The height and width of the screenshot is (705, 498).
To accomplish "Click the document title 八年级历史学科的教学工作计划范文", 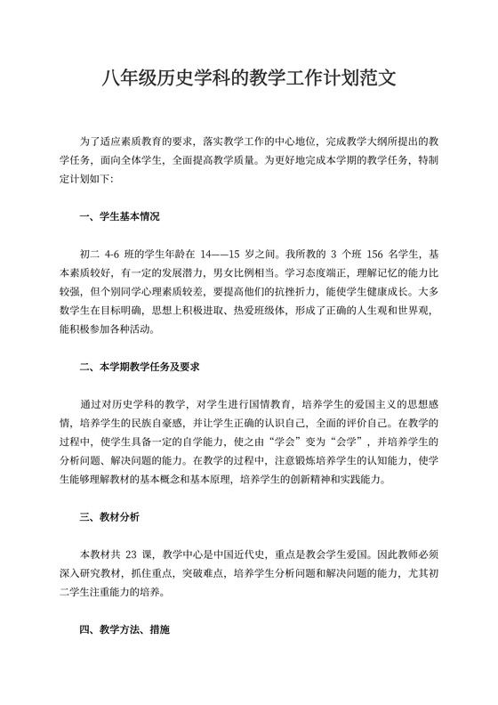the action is point(249,80).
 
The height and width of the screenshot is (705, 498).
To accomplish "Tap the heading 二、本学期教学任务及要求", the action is point(139,366).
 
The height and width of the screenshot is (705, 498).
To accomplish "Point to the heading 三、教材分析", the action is point(109,516).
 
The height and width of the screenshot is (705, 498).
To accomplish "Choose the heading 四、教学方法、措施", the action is point(125,630).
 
